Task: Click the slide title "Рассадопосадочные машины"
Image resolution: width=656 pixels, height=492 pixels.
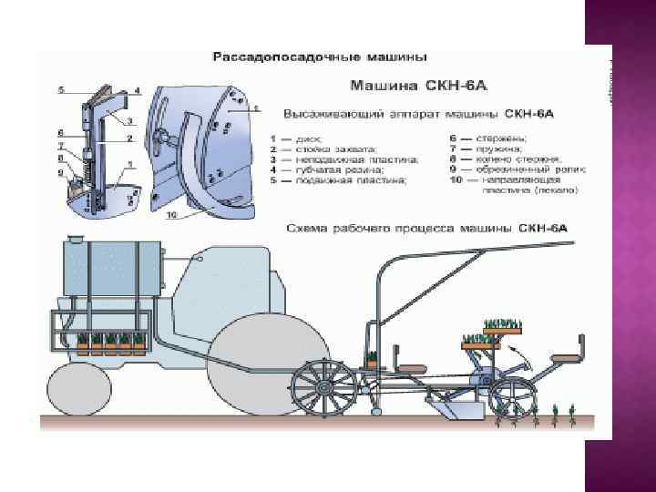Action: [319, 56]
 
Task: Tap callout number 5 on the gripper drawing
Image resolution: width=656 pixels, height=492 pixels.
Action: [61, 90]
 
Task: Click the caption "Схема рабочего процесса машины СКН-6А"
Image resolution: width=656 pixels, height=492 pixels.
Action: [426, 226]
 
